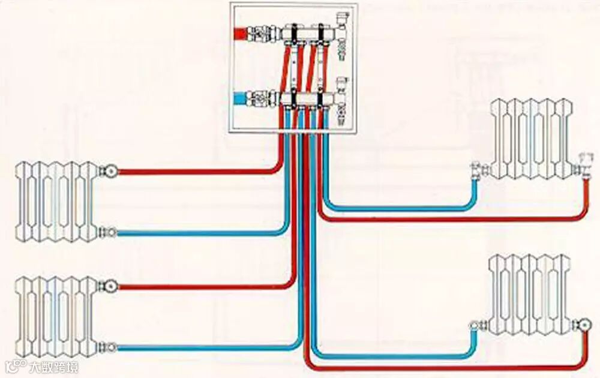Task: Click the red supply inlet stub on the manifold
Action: coord(243,32)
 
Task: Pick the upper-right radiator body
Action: coord(532,139)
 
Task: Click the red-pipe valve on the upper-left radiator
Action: coord(110,171)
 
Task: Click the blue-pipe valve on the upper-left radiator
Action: coord(109,231)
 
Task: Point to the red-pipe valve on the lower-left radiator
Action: coord(110,284)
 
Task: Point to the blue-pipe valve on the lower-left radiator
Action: coord(109,346)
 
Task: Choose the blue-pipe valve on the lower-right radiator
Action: coord(476,327)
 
